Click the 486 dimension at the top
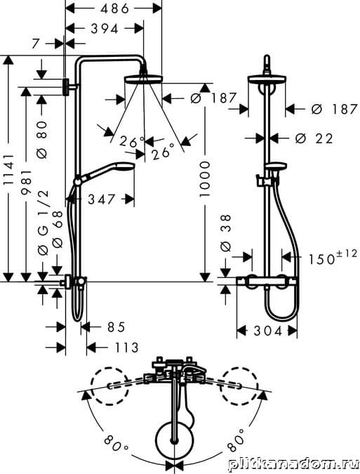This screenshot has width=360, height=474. (x=115, y=8)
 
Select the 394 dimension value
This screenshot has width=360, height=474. (x=105, y=29)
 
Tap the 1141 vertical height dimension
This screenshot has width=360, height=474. (x=8, y=169)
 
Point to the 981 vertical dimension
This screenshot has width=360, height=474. (x=26, y=182)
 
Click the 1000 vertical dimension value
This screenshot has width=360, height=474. (x=204, y=179)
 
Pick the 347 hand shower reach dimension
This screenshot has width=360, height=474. (x=102, y=199)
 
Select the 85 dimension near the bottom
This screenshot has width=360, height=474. (x=116, y=327)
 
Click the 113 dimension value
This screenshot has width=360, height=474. (x=127, y=348)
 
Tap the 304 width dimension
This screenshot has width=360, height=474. (x=268, y=331)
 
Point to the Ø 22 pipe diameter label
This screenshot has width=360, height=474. (x=314, y=138)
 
